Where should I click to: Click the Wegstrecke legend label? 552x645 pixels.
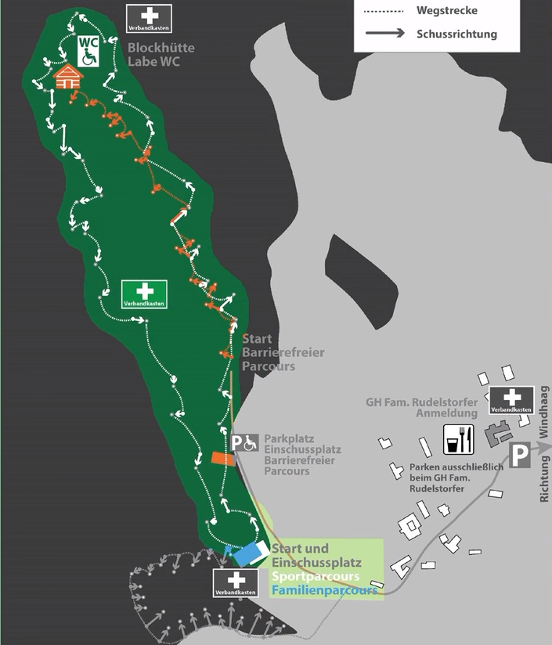click(448, 11)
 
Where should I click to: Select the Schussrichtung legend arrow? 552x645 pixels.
click(384, 33)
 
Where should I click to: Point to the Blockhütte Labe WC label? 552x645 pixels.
click(161, 54)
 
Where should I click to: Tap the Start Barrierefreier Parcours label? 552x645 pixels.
click(283, 352)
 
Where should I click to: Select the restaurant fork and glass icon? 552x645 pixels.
click(459, 440)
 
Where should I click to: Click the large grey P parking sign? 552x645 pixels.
click(520, 455)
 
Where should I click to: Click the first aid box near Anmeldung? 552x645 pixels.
click(511, 400)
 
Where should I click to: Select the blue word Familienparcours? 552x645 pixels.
click(324, 589)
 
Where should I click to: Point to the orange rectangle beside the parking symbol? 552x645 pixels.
click(223, 458)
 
